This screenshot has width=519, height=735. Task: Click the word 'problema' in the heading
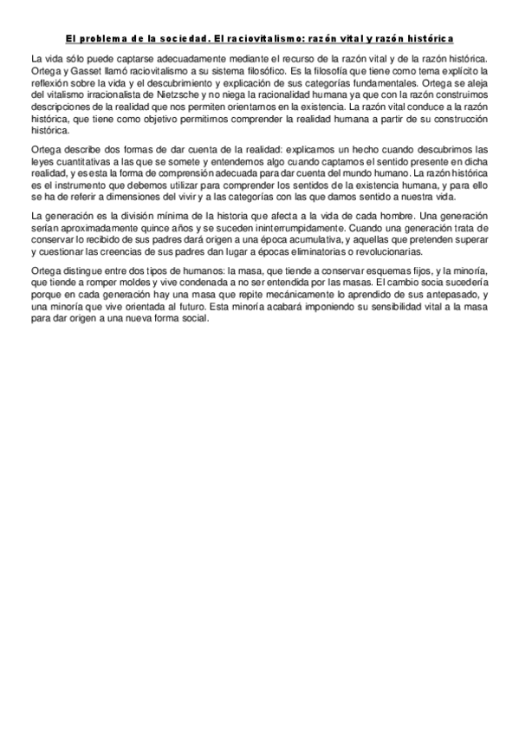click(109, 39)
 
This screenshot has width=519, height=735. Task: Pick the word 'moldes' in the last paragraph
click(143, 283)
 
